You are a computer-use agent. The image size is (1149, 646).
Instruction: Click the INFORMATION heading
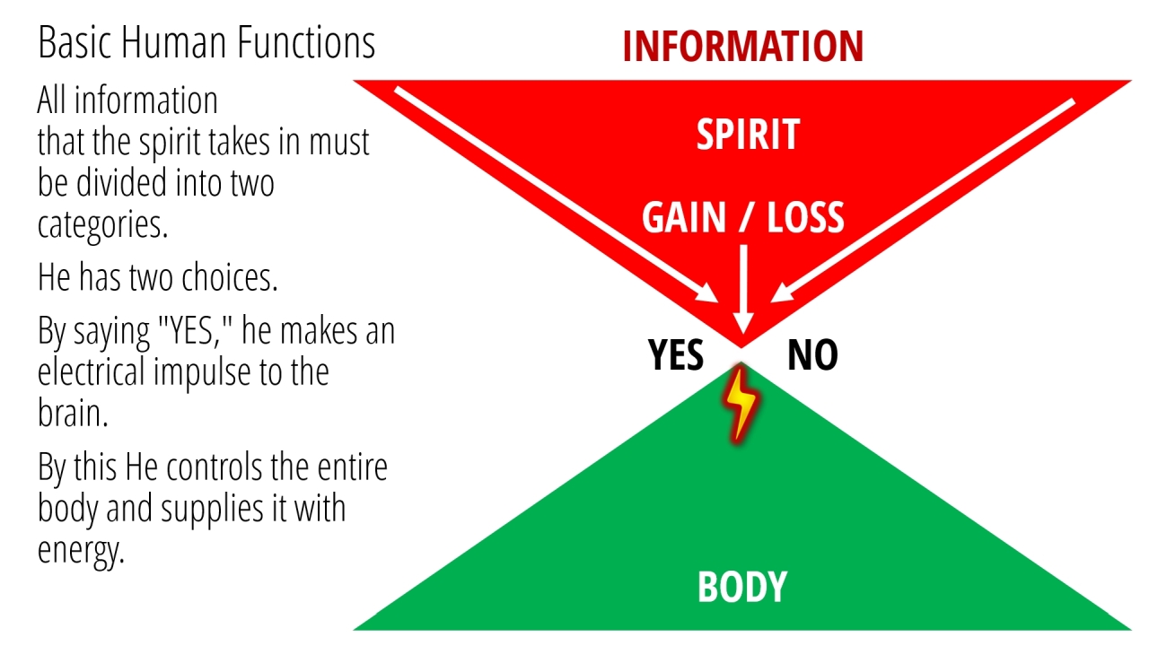pos(743,46)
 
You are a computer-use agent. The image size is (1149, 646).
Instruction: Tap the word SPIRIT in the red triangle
pos(748,135)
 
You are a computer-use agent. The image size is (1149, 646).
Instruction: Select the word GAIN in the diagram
pos(684,217)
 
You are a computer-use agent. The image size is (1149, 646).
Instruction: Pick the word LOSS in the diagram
pos(805,217)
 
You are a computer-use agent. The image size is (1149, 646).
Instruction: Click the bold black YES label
pos(676,354)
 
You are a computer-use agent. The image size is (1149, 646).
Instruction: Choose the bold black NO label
pos(812,354)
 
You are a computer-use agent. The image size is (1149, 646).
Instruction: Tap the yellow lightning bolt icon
pos(741,404)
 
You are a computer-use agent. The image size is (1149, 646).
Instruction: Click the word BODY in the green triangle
pos(742,586)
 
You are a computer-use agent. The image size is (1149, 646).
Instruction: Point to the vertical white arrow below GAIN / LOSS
pos(743,290)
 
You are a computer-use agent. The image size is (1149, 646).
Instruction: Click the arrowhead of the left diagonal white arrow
pos(706,294)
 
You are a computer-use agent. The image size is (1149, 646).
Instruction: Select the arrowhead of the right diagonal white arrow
pos(782,294)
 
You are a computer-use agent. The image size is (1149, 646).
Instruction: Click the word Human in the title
pos(173,42)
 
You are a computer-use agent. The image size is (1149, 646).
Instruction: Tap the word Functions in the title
pos(306,42)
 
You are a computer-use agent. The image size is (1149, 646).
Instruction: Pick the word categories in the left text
pos(102,224)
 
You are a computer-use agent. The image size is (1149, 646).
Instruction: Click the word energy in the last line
pos(81,551)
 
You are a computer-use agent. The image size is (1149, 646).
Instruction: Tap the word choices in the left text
pos(229,277)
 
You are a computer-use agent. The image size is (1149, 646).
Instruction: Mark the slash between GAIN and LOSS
pos(746,218)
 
